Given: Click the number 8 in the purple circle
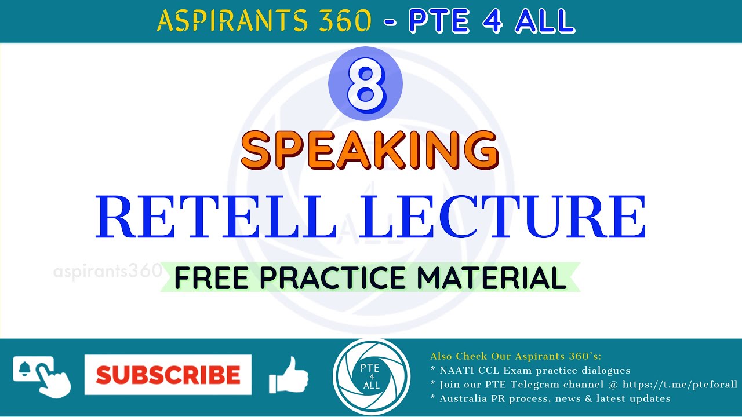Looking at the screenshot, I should point(365,84).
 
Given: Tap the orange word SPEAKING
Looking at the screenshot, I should point(369,150).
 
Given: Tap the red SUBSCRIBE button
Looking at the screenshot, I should point(168,375).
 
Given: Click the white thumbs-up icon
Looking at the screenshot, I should point(288,375).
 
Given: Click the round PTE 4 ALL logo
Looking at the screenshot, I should point(371,376).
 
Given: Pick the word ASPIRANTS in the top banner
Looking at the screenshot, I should point(232,21).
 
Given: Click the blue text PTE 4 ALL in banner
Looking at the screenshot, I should point(492,21).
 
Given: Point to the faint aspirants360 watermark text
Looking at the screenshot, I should point(107,271).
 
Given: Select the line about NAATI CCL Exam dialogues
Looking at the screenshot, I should point(530,370).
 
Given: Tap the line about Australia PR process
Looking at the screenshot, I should point(550,398).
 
